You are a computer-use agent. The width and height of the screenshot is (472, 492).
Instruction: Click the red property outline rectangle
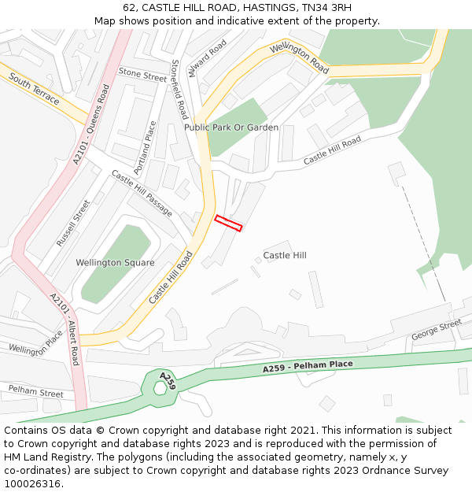(x=228, y=223)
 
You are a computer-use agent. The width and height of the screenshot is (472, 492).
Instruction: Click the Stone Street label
(x=142, y=75)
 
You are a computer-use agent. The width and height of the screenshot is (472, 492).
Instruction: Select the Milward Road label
(x=208, y=58)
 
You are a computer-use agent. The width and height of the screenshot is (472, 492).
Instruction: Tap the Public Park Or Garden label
(x=231, y=128)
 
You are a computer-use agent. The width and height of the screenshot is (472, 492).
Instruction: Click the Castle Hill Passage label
(x=142, y=193)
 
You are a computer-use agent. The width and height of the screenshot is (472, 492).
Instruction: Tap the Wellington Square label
(x=115, y=262)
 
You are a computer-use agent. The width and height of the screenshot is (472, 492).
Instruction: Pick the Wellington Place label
(x=36, y=342)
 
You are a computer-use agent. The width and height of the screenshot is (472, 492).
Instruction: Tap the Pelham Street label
(x=36, y=390)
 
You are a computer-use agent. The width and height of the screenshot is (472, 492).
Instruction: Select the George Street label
(x=437, y=330)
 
